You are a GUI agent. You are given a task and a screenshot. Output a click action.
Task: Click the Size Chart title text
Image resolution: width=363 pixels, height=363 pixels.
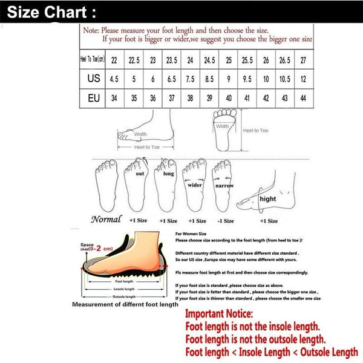click(51, 11)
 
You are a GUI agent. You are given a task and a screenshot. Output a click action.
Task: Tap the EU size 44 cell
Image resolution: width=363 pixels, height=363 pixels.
click(302, 98)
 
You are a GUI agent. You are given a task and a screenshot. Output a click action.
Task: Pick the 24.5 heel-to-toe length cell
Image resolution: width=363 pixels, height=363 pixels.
click(209, 60)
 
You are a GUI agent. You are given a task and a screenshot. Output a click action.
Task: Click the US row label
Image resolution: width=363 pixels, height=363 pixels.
click(93, 79)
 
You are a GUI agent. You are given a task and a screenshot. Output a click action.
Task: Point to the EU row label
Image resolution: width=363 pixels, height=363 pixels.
click(93, 98)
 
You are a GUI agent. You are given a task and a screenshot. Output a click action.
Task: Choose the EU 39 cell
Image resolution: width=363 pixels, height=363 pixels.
click(209, 98)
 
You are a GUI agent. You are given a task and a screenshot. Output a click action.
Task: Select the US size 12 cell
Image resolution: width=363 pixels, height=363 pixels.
click(302, 79)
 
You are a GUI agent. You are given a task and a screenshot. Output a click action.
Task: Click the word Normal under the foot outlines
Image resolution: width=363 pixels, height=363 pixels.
click(106, 220)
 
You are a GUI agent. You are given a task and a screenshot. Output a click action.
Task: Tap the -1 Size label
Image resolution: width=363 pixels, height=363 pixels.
click(225, 221)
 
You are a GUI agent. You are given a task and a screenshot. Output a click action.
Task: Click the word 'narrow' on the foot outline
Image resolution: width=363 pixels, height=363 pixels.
click(224, 186)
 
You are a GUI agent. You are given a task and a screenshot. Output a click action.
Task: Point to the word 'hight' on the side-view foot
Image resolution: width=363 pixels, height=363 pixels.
click(267, 198)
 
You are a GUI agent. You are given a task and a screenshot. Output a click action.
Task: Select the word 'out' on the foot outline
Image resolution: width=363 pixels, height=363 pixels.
click(140, 173)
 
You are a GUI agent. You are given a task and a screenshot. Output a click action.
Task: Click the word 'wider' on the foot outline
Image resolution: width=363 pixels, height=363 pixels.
click(195, 185)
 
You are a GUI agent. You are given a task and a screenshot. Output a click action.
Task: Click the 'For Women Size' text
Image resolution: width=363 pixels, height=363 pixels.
click(191, 233)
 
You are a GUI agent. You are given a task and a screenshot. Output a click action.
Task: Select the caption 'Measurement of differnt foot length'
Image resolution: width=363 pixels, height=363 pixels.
click(125, 304)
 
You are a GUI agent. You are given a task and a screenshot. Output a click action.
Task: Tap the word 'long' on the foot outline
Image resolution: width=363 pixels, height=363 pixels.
click(168, 174)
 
